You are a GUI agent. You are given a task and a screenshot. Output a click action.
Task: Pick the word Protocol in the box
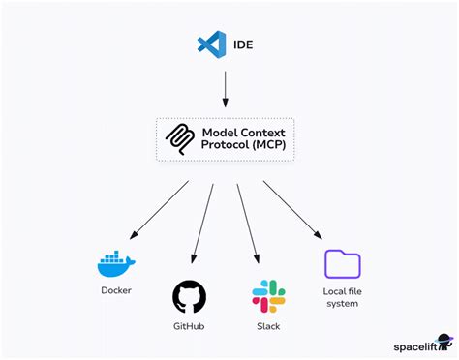[x=226, y=145]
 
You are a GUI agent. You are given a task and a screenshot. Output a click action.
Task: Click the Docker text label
[x=117, y=289]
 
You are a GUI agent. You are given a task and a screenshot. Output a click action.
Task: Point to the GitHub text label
[x=189, y=326]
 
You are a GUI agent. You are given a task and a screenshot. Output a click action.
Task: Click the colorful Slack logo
[x=267, y=296]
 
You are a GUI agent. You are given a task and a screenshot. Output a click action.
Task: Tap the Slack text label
[x=267, y=326]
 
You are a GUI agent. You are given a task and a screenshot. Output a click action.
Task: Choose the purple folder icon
[x=342, y=263]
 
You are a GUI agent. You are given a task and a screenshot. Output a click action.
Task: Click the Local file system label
[x=342, y=296]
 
